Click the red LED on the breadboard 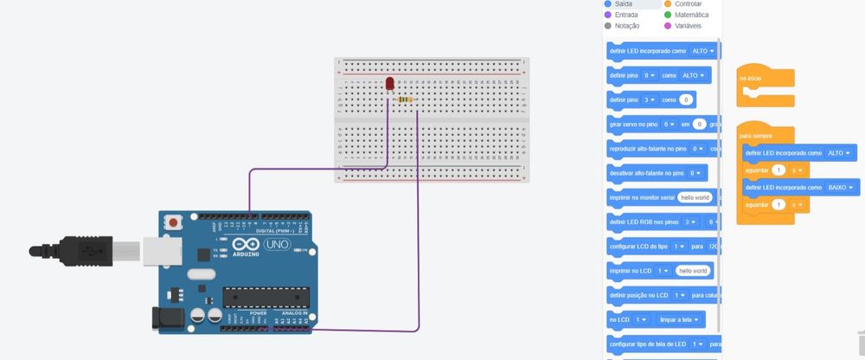389,84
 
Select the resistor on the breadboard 404,100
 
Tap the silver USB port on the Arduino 158,249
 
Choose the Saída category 624,4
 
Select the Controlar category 688,4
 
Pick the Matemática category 691,15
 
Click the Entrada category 626,15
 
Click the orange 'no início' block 751,79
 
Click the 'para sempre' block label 755,136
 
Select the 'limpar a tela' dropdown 678,319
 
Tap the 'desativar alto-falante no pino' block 648,173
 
